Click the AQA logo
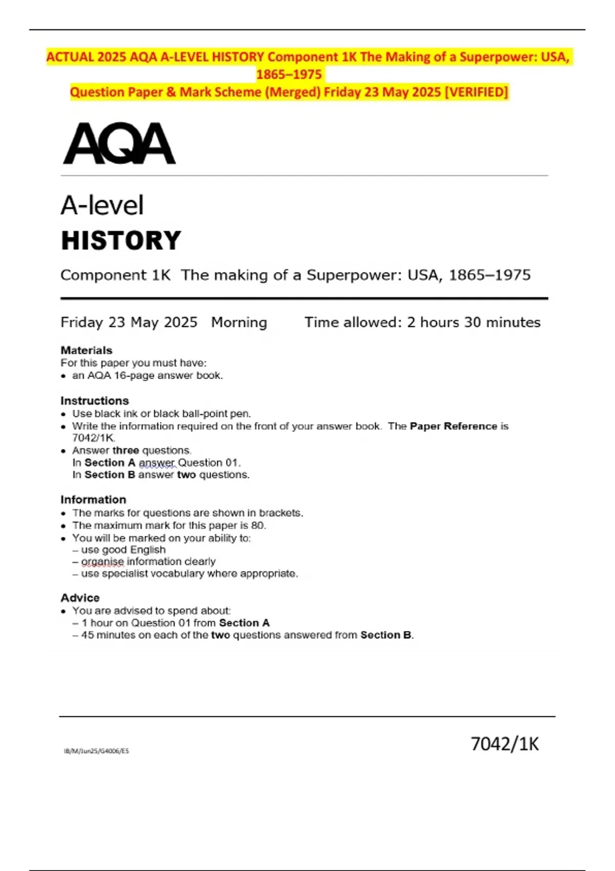point(119,143)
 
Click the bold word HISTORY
point(121,241)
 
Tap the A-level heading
point(102,205)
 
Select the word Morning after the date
point(239,322)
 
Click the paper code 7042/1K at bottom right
point(504,744)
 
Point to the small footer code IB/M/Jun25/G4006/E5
point(96,751)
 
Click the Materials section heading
point(86,350)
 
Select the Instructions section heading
point(94,401)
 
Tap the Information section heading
point(93,500)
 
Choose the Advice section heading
point(80,598)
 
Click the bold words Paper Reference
point(453,426)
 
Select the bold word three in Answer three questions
point(126,450)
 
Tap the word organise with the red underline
point(102,562)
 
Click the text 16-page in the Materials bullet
point(131,376)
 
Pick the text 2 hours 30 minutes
point(474,322)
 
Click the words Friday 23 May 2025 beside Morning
point(129,322)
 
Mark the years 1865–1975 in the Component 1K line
point(489,275)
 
